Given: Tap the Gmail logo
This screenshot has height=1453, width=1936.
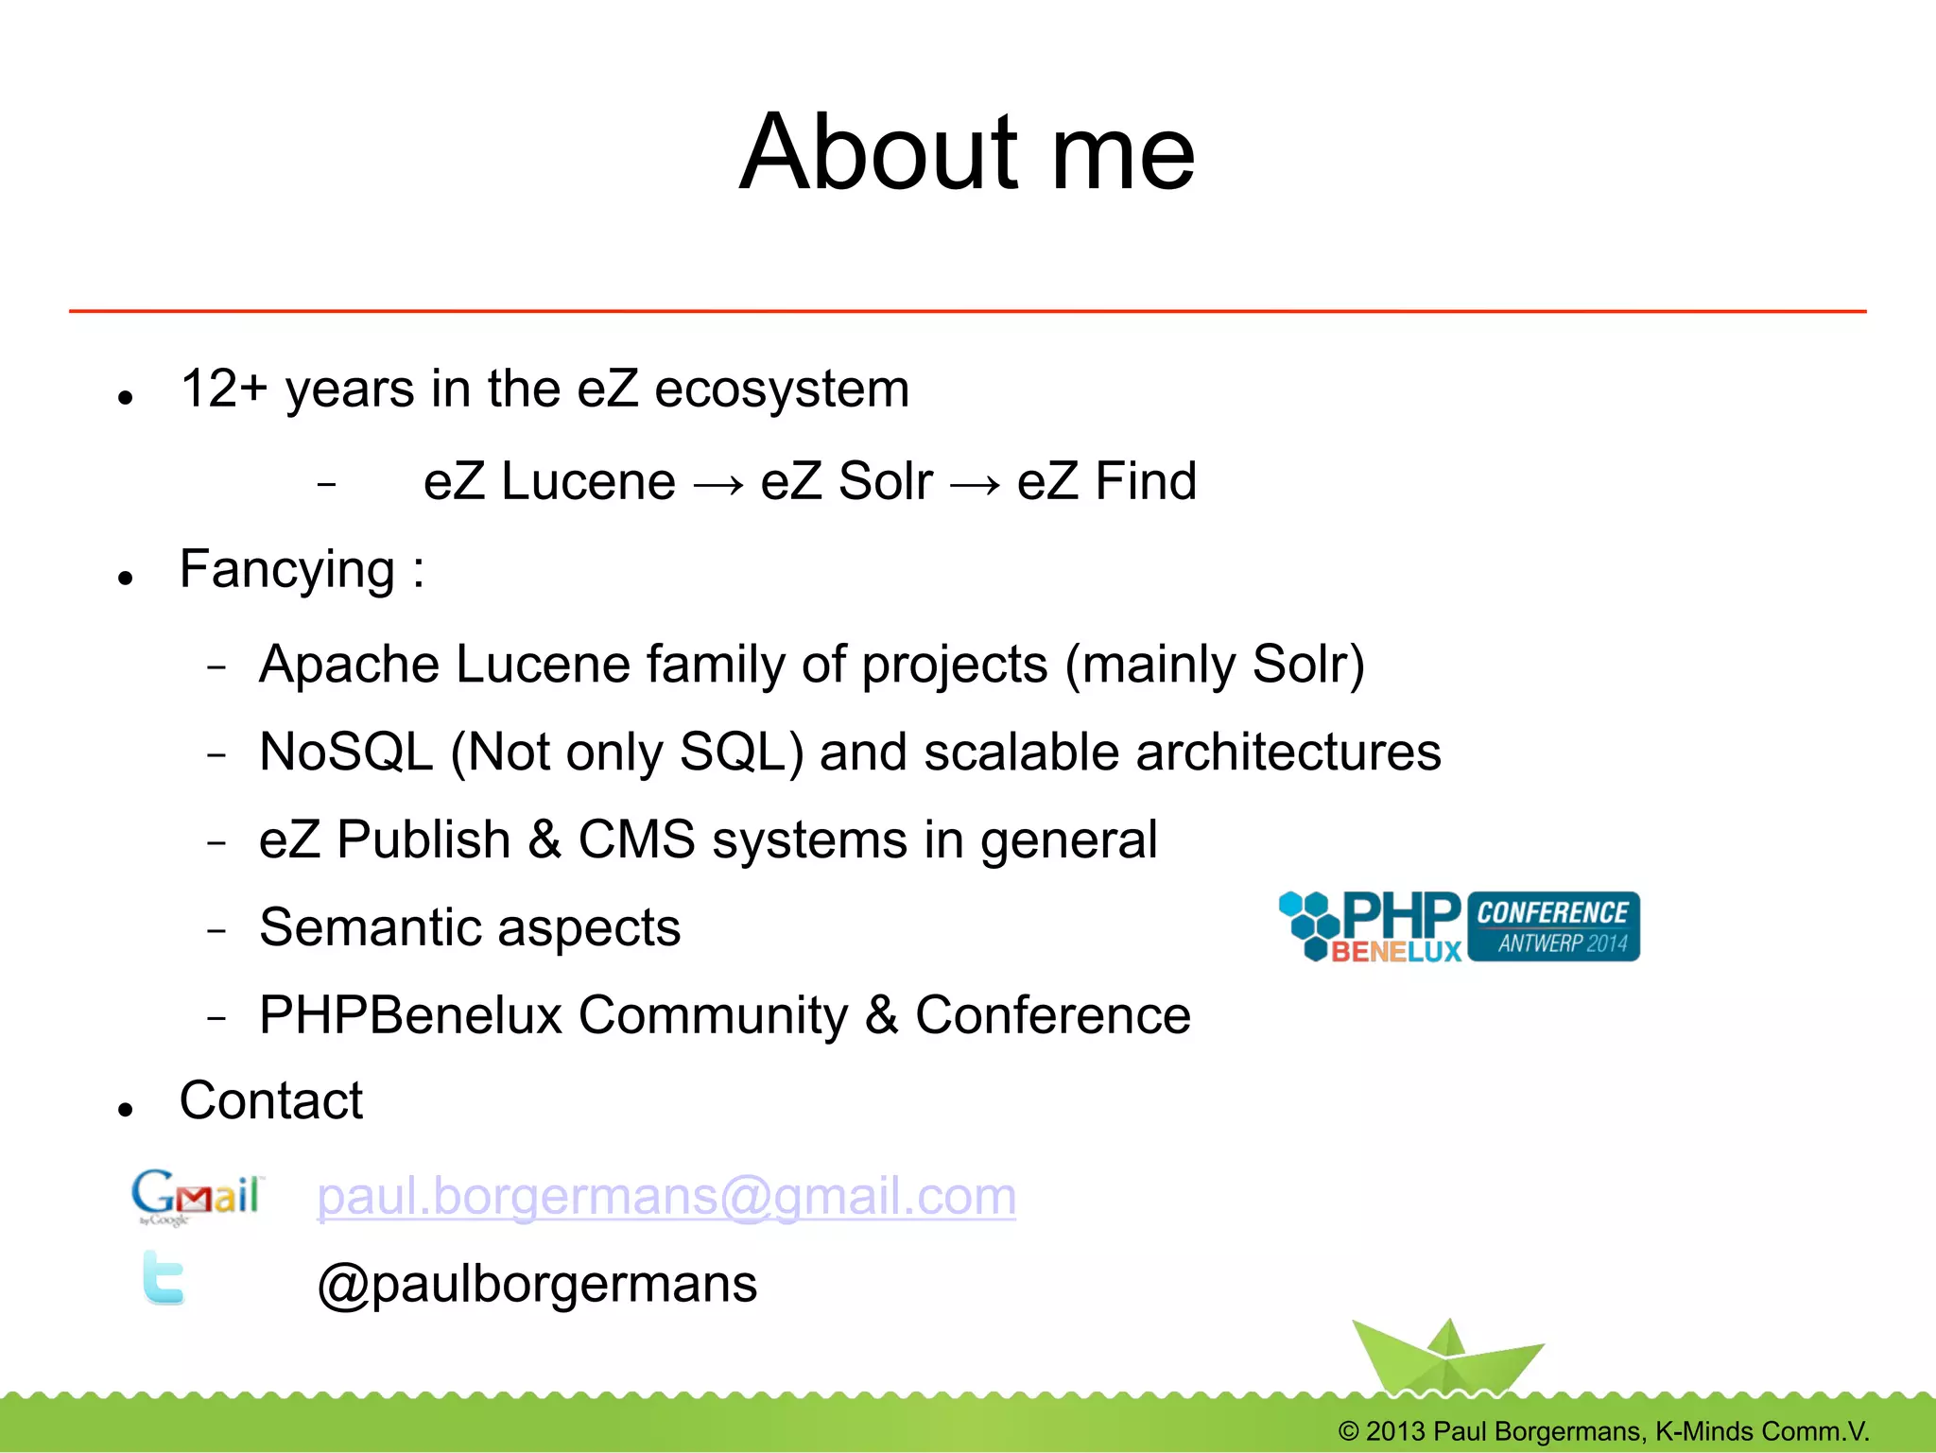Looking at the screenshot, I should click(196, 1197).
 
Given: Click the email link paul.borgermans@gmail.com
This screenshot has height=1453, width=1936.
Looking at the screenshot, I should click(666, 1197).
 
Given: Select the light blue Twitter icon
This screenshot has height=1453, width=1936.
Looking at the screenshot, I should click(164, 1278).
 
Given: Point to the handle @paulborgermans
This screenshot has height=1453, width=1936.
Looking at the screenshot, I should click(537, 1284).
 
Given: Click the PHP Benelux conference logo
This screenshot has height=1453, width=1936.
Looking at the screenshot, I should click(1459, 926).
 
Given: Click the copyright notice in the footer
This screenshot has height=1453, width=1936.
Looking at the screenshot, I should click(1603, 1431).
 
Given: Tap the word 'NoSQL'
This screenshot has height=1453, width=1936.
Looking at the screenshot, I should click(346, 752).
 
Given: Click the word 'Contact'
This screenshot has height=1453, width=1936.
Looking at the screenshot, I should click(271, 1100).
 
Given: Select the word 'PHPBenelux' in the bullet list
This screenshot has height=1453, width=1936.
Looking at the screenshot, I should click(411, 1015).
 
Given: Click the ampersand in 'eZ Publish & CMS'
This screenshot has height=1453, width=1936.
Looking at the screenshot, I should click(544, 839).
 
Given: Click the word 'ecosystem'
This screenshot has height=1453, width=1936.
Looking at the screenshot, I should click(782, 389).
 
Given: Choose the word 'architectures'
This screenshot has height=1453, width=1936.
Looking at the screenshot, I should click(1288, 752).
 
